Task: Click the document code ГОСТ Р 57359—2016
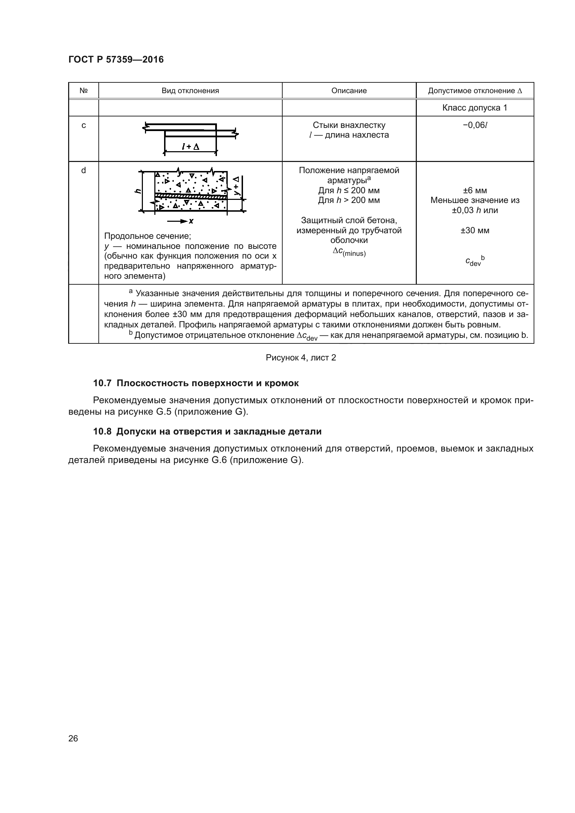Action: (116, 59)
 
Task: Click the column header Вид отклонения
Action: (190, 91)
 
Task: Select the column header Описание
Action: (349, 91)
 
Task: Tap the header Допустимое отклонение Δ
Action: (475, 91)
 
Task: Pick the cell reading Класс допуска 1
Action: (475, 108)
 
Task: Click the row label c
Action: (83, 125)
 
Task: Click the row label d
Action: (83, 170)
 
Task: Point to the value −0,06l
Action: (475, 125)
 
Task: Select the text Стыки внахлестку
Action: (349, 125)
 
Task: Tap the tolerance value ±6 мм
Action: (475, 190)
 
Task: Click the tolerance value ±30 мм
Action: (475, 230)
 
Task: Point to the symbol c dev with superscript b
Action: (475, 261)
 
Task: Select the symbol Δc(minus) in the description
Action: (349, 252)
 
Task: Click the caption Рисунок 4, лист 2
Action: (301, 358)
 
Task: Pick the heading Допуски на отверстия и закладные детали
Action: (219, 431)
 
